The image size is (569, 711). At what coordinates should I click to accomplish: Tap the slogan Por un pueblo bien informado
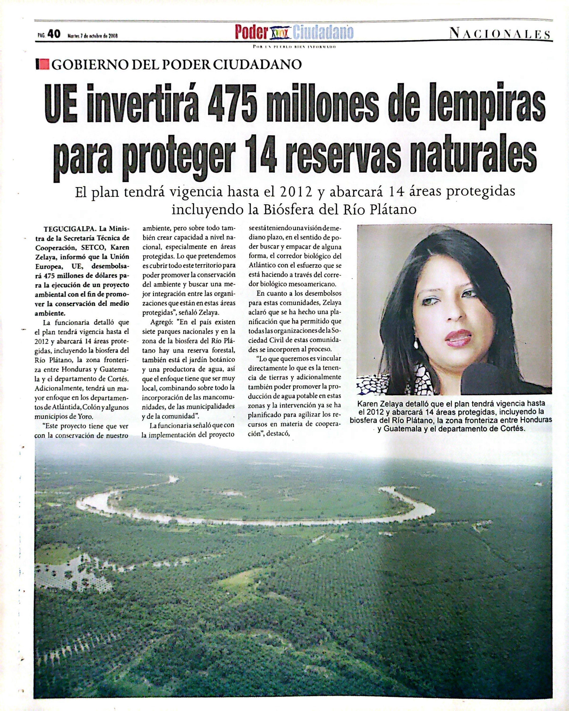pyautogui.click(x=294, y=47)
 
